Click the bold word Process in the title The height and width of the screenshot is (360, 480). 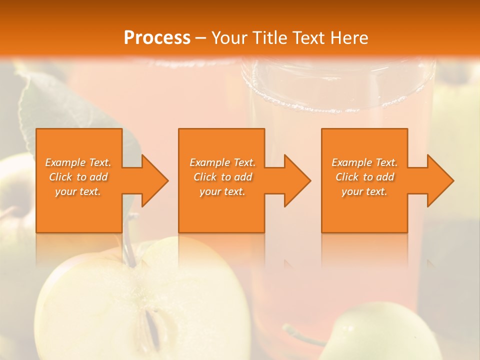coord(157,38)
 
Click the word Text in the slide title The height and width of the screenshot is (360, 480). coord(310,38)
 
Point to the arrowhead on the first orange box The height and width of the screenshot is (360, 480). coord(152,180)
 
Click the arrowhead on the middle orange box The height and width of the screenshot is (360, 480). coord(295,180)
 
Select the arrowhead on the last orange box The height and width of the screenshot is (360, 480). coord(438,180)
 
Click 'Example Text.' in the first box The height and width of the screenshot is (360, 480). coord(78,162)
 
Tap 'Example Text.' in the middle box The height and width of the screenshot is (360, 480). coord(222,162)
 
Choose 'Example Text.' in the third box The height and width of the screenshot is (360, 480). coord(364,162)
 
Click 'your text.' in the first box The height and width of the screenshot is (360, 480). coord(78,191)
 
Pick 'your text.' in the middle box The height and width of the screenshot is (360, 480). coord(222,191)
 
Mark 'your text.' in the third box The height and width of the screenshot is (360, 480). coord(364,191)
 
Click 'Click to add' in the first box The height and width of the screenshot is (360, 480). coord(78,177)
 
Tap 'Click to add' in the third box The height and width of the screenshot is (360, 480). coord(364,177)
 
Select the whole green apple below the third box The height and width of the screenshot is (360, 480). coord(380,332)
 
